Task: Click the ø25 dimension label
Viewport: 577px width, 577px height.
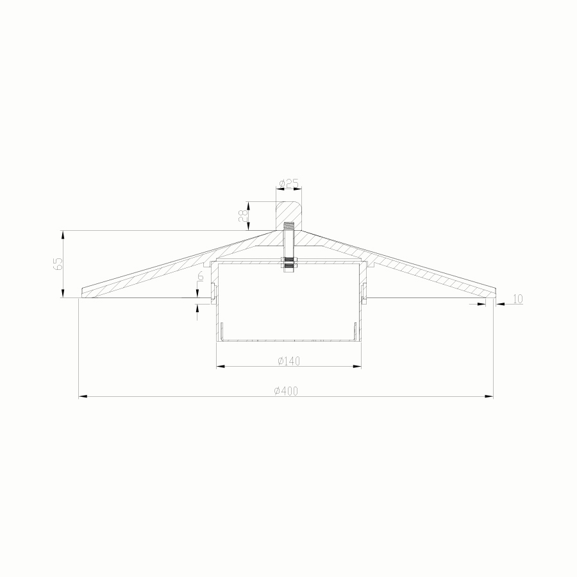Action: tap(289, 183)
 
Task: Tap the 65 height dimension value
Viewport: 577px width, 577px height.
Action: tap(58, 264)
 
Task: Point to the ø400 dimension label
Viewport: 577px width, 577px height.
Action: tap(286, 391)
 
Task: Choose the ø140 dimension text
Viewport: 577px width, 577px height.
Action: tap(288, 361)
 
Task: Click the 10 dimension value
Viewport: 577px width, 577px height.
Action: tap(517, 299)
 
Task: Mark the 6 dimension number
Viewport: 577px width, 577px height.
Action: tap(201, 277)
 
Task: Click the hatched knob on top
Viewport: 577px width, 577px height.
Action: tap(289, 212)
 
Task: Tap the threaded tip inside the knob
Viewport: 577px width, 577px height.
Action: tap(288, 226)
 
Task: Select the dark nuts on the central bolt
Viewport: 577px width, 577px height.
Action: tap(288, 262)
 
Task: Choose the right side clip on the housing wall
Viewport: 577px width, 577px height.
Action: tap(363, 292)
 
